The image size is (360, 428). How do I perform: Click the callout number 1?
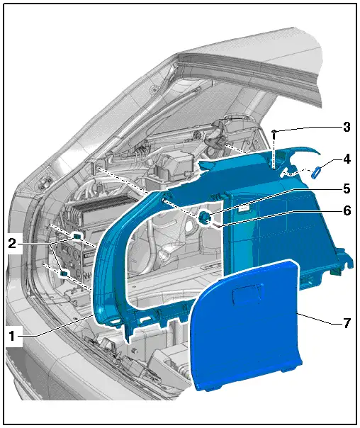(12, 336)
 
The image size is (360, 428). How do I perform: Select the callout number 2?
(12, 244)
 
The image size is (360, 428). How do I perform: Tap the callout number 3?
(347, 128)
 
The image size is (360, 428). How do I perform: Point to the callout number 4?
(347, 159)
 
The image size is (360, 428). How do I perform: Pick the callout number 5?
(347, 188)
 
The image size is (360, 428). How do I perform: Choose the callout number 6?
(347, 210)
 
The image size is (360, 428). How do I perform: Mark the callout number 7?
(347, 323)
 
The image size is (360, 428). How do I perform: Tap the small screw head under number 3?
(274, 132)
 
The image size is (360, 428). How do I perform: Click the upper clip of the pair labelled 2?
(77, 235)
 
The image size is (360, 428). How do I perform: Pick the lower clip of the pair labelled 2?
(64, 273)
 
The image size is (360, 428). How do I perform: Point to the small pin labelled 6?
(218, 225)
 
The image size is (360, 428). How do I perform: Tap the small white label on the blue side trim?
(244, 209)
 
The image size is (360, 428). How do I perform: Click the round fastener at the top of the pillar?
(154, 89)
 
